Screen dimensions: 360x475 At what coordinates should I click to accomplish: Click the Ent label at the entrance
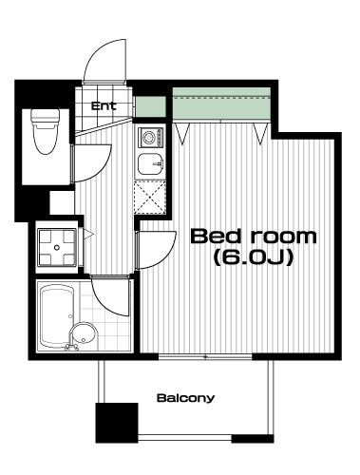click(104, 105)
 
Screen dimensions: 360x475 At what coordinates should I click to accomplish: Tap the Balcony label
click(186, 398)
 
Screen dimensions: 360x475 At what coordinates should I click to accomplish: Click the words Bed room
click(254, 237)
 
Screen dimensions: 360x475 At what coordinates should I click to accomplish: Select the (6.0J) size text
click(253, 257)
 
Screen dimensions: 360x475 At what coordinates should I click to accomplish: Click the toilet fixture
click(46, 131)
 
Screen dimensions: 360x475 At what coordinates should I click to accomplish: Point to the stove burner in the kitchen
click(148, 138)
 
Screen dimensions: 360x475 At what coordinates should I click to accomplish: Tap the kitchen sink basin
click(150, 164)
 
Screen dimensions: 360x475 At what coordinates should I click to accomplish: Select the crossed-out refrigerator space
click(150, 198)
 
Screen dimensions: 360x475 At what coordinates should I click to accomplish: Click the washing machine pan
click(57, 247)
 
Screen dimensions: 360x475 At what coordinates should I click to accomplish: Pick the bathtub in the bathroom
click(57, 317)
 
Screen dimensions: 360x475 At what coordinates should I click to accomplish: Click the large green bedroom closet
click(221, 104)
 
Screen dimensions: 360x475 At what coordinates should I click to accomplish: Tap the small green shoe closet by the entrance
click(150, 106)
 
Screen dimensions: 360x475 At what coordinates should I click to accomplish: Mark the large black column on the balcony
click(117, 423)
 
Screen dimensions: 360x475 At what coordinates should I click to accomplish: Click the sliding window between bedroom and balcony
click(205, 357)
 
